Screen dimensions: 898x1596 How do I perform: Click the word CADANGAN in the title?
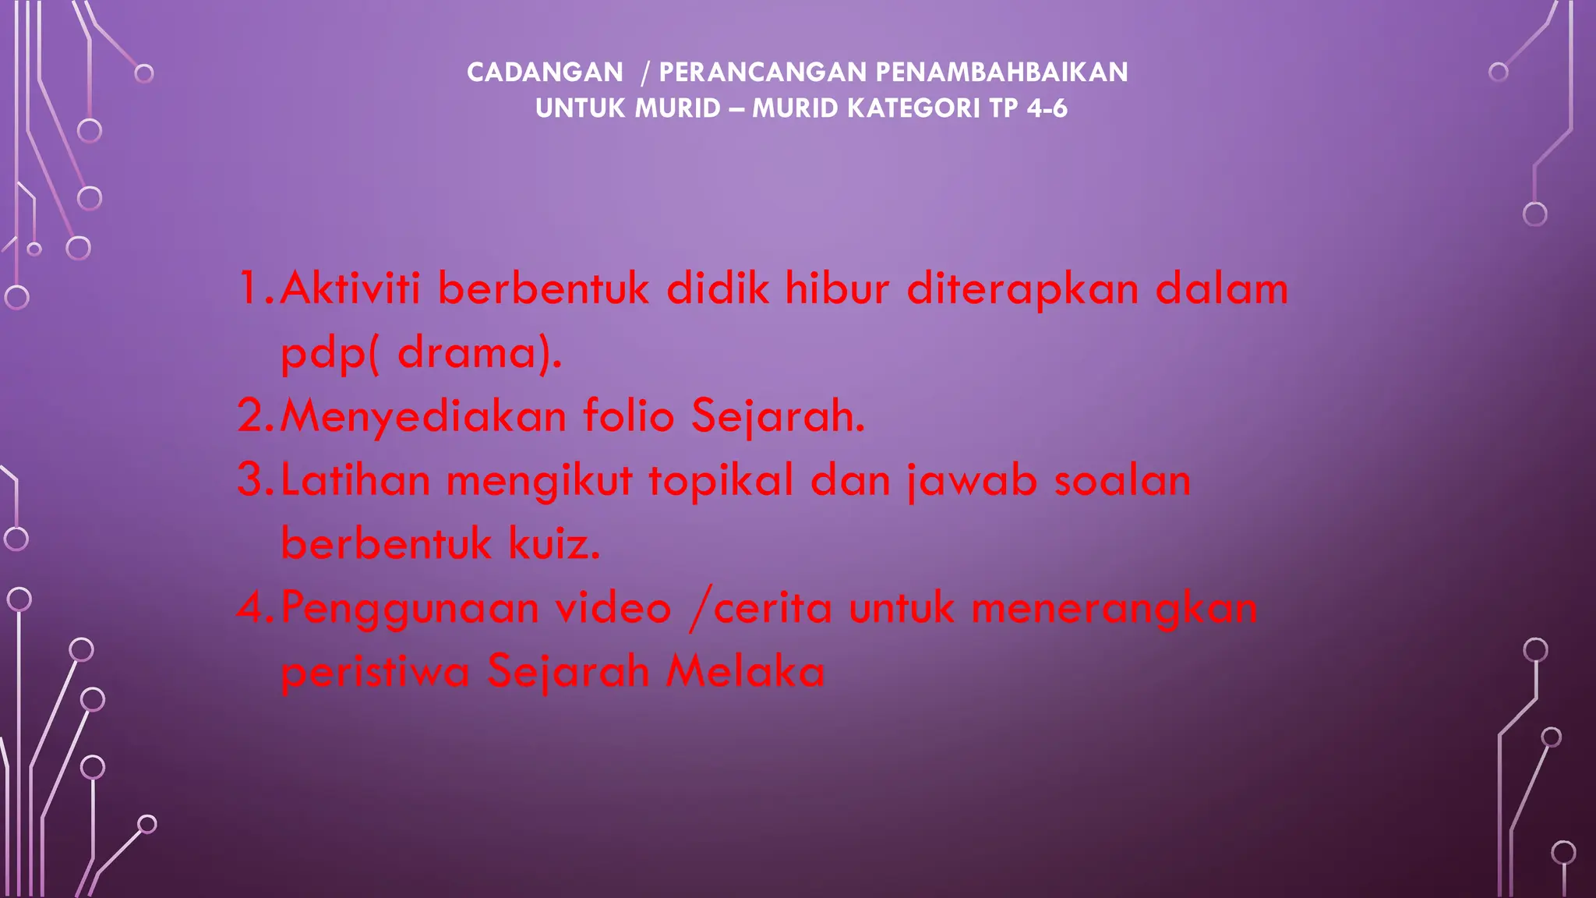pos(545,72)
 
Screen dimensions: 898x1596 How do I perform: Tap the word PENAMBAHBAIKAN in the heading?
pos(1001,72)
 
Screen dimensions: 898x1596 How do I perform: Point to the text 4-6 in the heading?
pos(1047,108)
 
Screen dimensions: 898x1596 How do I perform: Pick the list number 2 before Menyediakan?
pos(252,415)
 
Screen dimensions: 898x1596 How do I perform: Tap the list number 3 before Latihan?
pos(252,479)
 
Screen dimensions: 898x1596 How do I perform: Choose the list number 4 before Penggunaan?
pos(252,607)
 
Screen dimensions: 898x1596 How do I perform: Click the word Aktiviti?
pos(350,288)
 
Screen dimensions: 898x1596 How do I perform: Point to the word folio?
pos(629,415)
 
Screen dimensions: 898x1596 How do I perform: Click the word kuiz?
pos(554,543)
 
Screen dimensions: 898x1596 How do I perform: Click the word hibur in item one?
pos(836,288)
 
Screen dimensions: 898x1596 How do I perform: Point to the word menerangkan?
pos(1114,609)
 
